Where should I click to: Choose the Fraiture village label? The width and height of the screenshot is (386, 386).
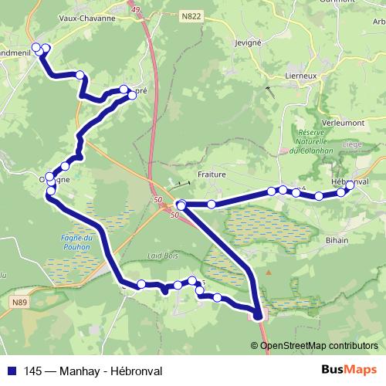pyautogui.click(x=212, y=174)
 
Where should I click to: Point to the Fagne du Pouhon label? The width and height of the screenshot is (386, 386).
pyautogui.click(x=76, y=242)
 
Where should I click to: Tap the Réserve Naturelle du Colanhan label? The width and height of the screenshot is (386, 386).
pyautogui.click(x=308, y=142)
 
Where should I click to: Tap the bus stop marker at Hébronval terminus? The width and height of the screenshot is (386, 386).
pyautogui.click(x=350, y=185)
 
